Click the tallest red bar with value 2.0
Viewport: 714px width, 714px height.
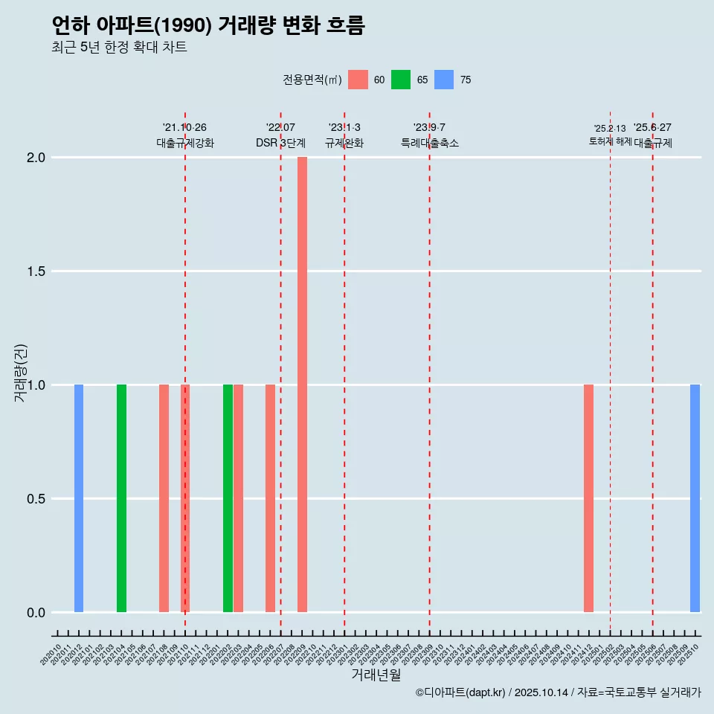pos(302,384)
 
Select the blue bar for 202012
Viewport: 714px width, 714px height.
pos(79,498)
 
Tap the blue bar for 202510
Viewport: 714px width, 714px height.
pos(695,498)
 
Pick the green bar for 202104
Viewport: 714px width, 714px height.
pos(121,498)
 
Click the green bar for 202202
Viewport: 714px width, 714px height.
pos(228,498)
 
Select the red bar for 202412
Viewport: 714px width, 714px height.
pos(588,498)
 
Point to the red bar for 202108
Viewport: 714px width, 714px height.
pos(164,498)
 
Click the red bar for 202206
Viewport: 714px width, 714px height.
pos(270,498)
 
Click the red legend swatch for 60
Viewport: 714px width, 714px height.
pos(358,80)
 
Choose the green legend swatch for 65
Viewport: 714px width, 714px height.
pos(401,80)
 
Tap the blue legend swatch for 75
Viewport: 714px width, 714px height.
pos(444,80)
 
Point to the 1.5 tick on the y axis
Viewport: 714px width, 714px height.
pos(36,271)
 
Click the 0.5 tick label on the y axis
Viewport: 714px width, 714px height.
pos(36,499)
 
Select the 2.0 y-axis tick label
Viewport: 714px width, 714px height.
pos(36,158)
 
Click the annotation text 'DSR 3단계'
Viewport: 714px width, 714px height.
pos(280,144)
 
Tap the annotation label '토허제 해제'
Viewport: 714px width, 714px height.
pos(610,141)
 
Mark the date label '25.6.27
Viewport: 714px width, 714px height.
pos(652,128)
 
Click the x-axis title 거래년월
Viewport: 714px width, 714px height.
pos(376,675)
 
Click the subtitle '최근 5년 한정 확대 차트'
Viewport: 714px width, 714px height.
pos(119,48)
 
